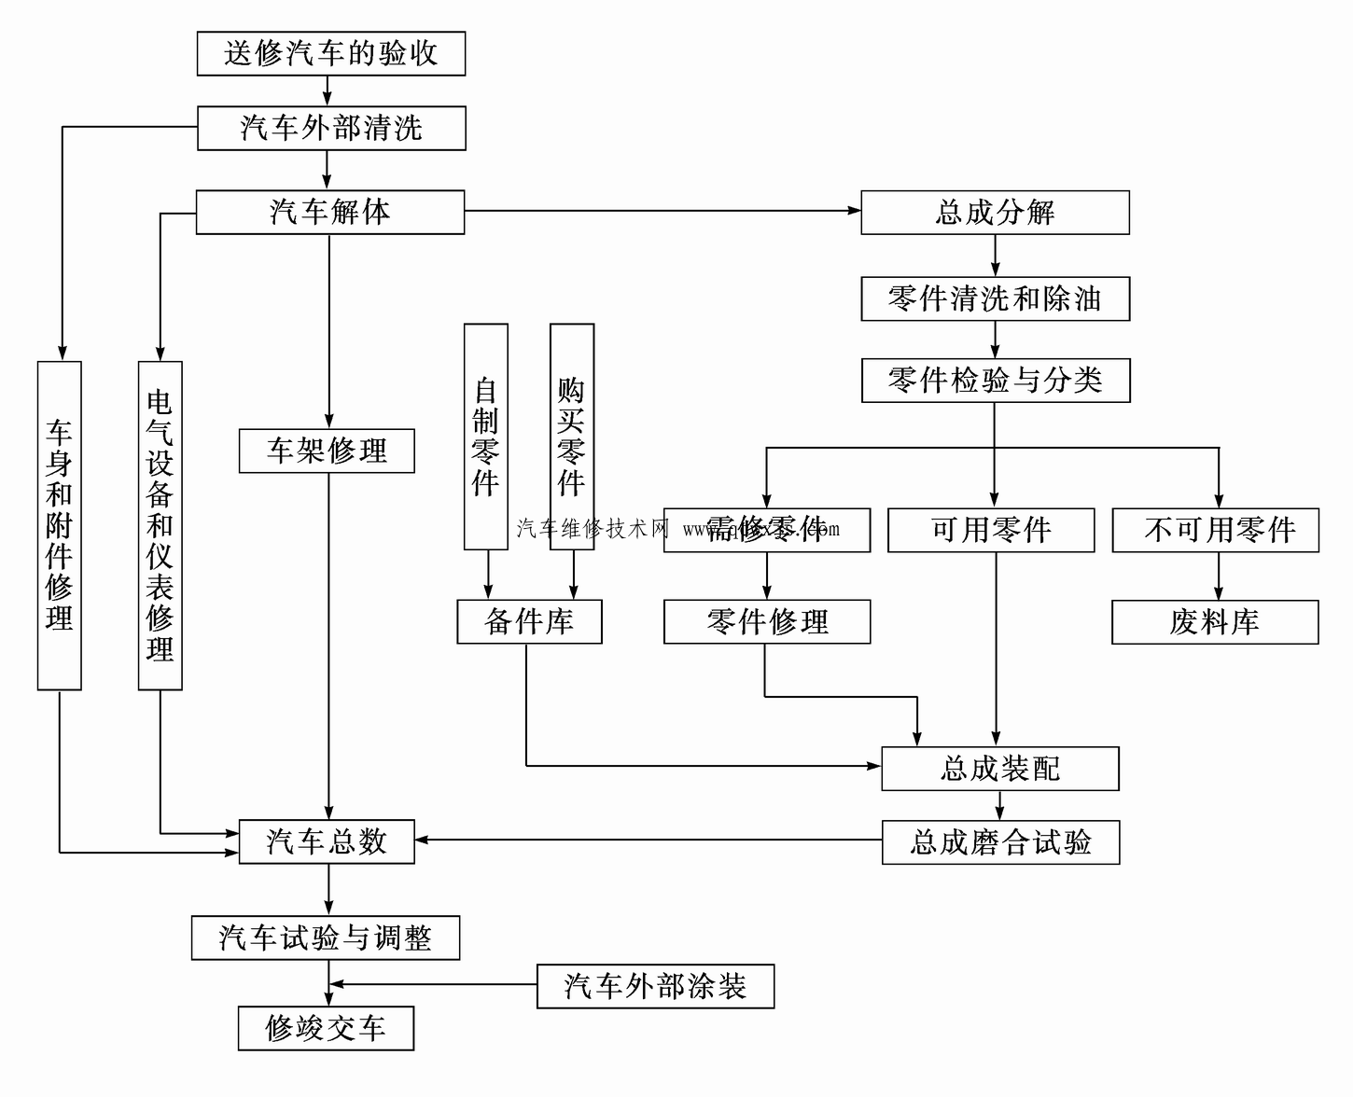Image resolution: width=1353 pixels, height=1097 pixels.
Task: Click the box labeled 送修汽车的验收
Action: point(330,53)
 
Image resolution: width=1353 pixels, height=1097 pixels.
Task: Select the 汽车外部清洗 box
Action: point(330,128)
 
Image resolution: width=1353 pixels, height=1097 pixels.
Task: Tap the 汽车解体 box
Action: point(329,212)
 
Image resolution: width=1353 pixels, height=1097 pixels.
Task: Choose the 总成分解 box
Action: point(995,213)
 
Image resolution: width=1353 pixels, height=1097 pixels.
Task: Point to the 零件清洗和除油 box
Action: point(995,299)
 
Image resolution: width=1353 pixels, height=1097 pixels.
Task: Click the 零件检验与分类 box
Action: point(995,381)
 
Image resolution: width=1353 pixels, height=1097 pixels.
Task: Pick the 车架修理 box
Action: point(327,451)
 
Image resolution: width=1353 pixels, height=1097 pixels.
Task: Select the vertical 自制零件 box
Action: point(485,437)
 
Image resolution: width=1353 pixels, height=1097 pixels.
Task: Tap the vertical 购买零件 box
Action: point(571,437)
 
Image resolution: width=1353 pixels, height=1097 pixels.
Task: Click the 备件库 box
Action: point(529,621)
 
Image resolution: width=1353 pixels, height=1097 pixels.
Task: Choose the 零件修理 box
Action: point(767,621)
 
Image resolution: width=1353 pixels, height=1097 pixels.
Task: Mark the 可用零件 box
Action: point(990,530)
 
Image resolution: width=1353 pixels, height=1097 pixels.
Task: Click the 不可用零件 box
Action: point(1215,530)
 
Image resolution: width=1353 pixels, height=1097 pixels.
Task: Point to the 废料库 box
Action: point(1215,622)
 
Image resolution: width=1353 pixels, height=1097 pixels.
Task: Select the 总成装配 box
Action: point(999,769)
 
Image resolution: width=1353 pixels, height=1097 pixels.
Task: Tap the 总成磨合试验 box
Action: point(1000,842)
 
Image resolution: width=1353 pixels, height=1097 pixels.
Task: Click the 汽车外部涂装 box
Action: point(655,986)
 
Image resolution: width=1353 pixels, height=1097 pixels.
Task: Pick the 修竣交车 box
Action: point(326,1028)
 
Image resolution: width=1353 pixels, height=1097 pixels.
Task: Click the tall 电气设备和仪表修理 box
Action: point(160,525)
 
